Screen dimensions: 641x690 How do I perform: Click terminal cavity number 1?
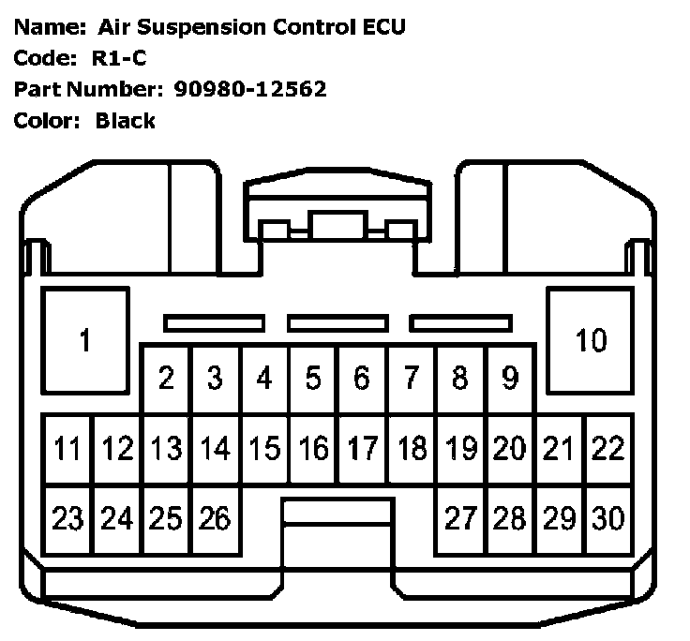point(84,339)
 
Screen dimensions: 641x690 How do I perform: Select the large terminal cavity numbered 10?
point(591,339)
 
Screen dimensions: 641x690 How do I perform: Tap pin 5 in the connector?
point(313,379)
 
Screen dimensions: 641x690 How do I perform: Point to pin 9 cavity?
point(509,379)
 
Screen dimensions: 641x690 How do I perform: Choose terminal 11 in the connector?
point(67,449)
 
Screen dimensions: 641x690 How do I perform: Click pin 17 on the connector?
point(362,449)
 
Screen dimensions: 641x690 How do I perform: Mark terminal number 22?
point(607,449)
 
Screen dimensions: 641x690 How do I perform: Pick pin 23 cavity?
point(67,518)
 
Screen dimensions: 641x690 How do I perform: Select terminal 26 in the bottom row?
point(215,518)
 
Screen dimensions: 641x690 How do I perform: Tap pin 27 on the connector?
point(460,518)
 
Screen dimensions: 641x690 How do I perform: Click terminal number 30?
point(607,518)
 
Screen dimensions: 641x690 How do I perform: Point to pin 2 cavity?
point(166,379)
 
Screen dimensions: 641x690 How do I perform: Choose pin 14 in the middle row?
point(215,449)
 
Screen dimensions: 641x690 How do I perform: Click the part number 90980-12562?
point(250,89)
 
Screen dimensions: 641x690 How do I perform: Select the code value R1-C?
point(118,58)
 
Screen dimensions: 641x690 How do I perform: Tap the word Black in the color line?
point(125,120)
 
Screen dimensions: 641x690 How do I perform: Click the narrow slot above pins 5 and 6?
point(338,323)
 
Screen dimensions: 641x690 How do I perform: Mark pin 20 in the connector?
point(509,449)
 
